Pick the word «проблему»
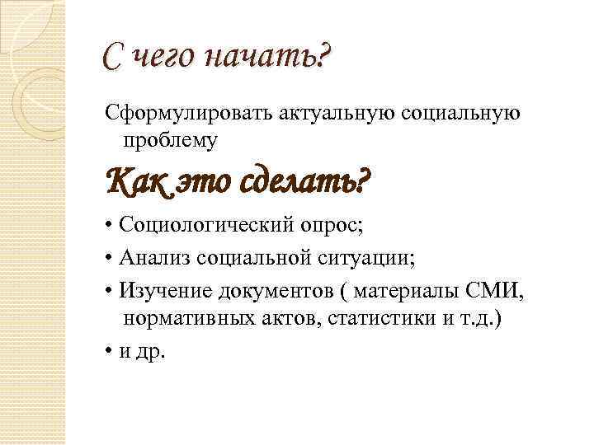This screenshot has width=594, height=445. pos(171,141)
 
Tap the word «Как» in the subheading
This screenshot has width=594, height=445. pos(136,178)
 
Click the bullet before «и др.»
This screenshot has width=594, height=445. pos(109,353)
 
